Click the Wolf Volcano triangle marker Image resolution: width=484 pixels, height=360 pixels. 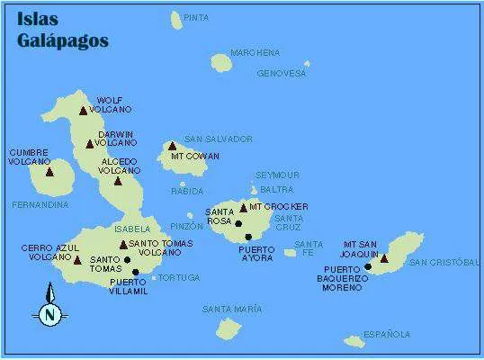tap(83, 111)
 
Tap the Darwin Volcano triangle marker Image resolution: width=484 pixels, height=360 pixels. tap(89, 144)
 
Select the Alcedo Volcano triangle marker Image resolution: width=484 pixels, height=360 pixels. tap(118, 181)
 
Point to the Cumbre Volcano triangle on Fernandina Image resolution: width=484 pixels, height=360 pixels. tap(49, 171)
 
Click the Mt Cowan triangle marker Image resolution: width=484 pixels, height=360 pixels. tap(172, 146)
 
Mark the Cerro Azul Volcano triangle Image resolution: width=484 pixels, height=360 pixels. tap(76, 259)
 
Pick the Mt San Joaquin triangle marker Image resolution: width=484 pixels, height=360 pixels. tap(384, 258)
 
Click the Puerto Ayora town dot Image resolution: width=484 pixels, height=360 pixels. tap(248, 237)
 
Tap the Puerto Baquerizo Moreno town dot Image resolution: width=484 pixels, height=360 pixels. tap(368, 266)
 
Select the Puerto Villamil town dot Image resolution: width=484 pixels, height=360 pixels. tap(136, 272)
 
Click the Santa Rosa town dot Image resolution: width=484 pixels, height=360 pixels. tap(238, 223)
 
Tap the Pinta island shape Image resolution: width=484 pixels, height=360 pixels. tap(175, 19)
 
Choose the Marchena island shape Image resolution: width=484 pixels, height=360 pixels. tap(221, 62)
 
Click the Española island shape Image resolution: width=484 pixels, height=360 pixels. tap(354, 341)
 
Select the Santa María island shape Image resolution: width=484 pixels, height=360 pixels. tap(229, 328)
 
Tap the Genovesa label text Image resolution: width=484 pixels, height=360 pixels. tap(282, 74)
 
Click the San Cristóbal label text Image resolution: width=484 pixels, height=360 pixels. tap(444, 262)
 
